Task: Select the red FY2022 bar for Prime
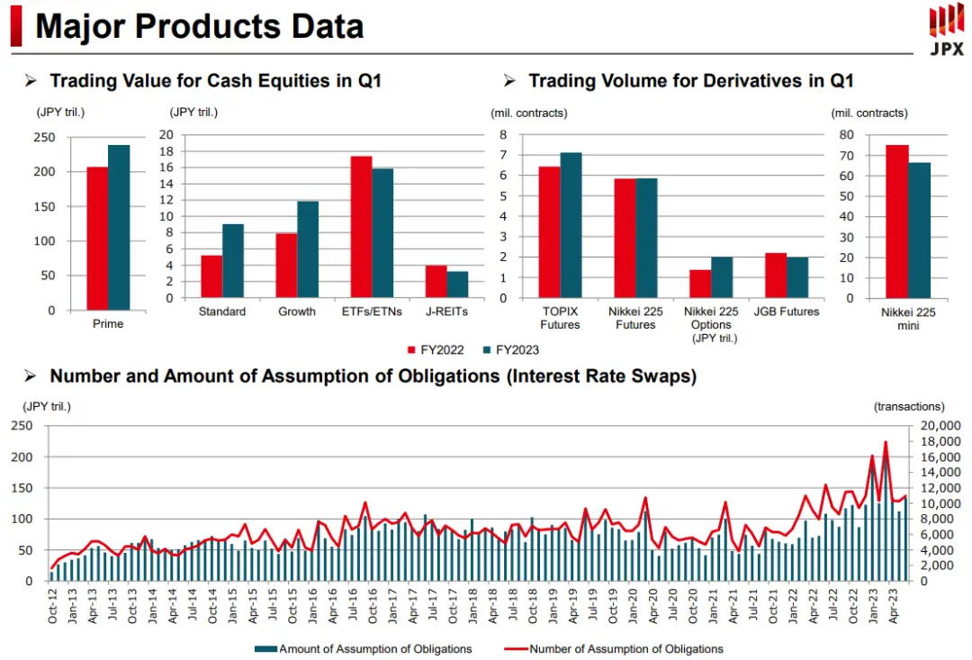(97, 239)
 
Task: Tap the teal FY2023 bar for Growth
(308, 249)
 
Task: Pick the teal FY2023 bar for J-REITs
(457, 285)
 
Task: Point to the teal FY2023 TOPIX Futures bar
(571, 225)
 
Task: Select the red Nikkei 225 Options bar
(700, 284)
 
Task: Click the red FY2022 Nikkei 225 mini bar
(896, 221)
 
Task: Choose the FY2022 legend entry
(436, 349)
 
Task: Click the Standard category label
(222, 312)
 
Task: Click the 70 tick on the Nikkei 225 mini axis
(846, 155)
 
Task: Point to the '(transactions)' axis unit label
(909, 407)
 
